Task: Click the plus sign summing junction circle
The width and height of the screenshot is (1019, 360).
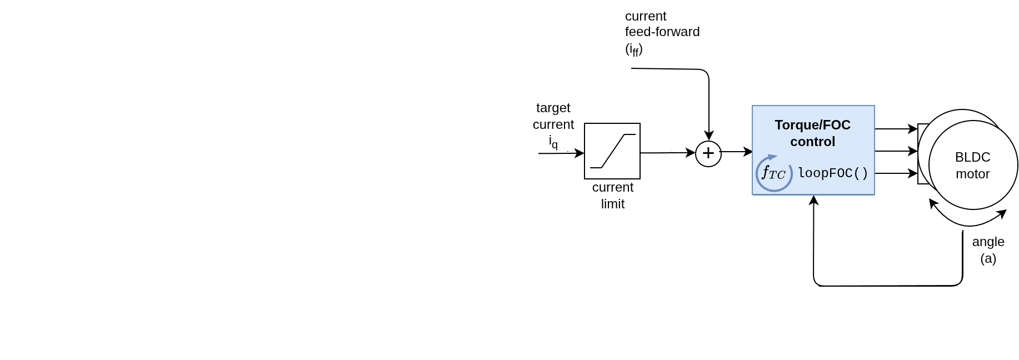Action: pyautogui.click(x=708, y=153)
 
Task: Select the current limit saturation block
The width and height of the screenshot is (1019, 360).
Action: pyautogui.click(x=612, y=151)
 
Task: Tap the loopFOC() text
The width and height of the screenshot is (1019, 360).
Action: pyautogui.click(x=833, y=173)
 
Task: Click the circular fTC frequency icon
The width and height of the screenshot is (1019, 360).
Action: pyautogui.click(x=773, y=173)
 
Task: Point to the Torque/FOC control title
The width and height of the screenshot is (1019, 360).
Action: pyautogui.click(x=812, y=133)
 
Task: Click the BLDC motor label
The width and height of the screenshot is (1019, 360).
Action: pyautogui.click(x=972, y=166)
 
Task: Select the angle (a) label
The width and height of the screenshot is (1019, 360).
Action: pyautogui.click(x=988, y=250)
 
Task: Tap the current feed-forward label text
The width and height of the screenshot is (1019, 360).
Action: pyautogui.click(x=662, y=32)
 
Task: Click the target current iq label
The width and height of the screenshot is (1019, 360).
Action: pyautogui.click(x=553, y=124)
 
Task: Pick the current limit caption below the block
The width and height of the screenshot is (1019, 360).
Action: pyautogui.click(x=612, y=196)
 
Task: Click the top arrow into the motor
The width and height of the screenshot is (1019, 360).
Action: pyautogui.click(x=896, y=129)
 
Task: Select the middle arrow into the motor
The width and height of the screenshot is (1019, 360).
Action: pyautogui.click(x=896, y=151)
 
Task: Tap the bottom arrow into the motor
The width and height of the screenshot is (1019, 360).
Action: pyautogui.click(x=896, y=173)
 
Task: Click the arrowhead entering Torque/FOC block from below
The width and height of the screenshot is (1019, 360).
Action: pyautogui.click(x=813, y=200)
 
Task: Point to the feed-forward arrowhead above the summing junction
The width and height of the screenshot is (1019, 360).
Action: pyautogui.click(x=709, y=136)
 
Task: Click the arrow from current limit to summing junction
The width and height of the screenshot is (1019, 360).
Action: pyautogui.click(x=667, y=153)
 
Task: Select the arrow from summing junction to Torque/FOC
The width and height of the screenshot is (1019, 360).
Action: pyautogui.click(x=737, y=152)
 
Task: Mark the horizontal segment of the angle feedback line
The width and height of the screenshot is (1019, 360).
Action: pyautogui.click(x=889, y=286)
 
